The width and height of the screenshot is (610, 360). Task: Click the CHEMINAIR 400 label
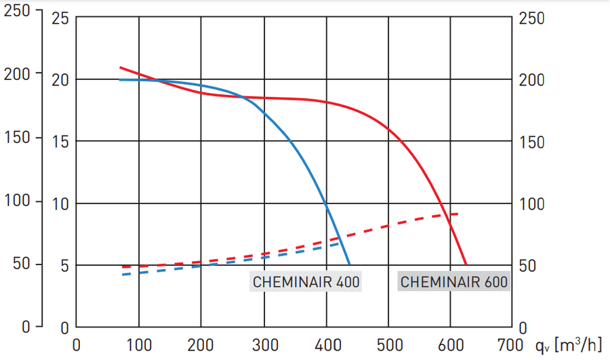pyautogui.click(x=306, y=282)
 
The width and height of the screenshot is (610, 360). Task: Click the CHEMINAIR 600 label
pyautogui.click(x=453, y=282)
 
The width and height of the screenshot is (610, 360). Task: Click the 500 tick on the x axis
pyautogui.click(x=390, y=345)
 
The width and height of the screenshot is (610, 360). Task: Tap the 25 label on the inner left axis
pyautogui.click(x=61, y=18)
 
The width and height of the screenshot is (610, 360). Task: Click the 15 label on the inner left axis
pyautogui.click(x=61, y=142)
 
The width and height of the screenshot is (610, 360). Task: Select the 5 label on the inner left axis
pyautogui.click(x=65, y=265)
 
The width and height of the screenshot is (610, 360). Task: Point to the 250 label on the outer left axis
pyautogui.click(x=18, y=12)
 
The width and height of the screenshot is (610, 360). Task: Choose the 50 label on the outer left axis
pyautogui.click(x=22, y=262)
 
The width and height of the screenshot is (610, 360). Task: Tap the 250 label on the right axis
pyautogui.click(x=532, y=18)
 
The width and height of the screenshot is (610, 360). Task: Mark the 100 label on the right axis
pyautogui.click(x=532, y=203)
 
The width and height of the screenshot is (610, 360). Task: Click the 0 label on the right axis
pyautogui.click(x=523, y=327)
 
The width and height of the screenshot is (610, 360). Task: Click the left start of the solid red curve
pyautogui.click(x=121, y=67)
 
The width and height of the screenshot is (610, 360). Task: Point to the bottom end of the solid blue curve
pyautogui.click(x=349, y=264)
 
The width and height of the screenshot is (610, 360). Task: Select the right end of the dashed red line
pyautogui.click(x=458, y=214)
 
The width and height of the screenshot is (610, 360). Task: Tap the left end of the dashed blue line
pyautogui.click(x=123, y=275)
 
